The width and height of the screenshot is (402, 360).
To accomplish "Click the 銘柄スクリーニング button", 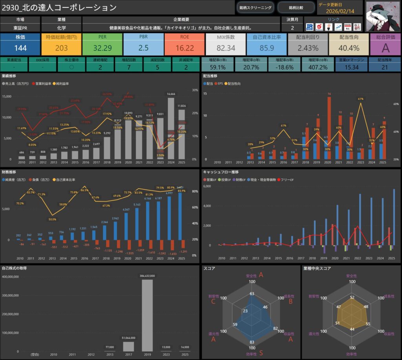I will pos(255,7).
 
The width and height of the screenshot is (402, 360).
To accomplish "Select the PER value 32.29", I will pos(102,48).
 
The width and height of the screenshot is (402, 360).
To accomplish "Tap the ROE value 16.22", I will pos(185,48).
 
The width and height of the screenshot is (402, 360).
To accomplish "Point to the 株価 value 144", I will pos(20,48).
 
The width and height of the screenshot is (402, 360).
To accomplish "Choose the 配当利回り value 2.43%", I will pos(308,48).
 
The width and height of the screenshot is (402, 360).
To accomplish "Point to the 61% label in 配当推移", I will pos(360,99).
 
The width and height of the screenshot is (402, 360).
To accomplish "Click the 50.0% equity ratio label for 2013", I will pos(52,219).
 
